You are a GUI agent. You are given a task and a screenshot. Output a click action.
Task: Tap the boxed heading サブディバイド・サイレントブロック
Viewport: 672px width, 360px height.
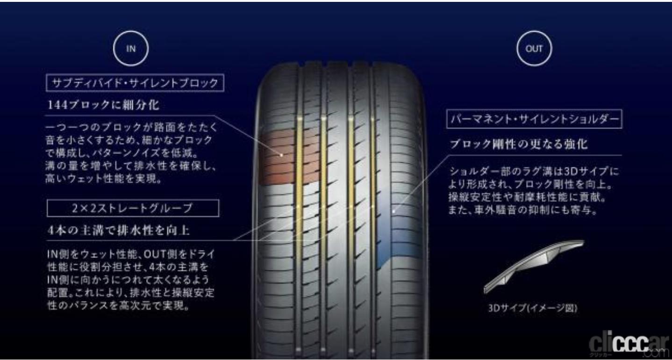pyautogui.click(x=135, y=84)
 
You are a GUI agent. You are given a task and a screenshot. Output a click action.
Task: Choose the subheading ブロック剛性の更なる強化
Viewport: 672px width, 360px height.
pyautogui.click(x=519, y=144)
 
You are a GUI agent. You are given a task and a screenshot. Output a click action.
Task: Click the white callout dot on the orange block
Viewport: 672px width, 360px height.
pyautogui.click(x=281, y=154)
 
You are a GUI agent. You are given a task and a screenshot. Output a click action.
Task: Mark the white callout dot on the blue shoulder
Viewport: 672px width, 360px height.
pyautogui.click(x=393, y=211)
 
